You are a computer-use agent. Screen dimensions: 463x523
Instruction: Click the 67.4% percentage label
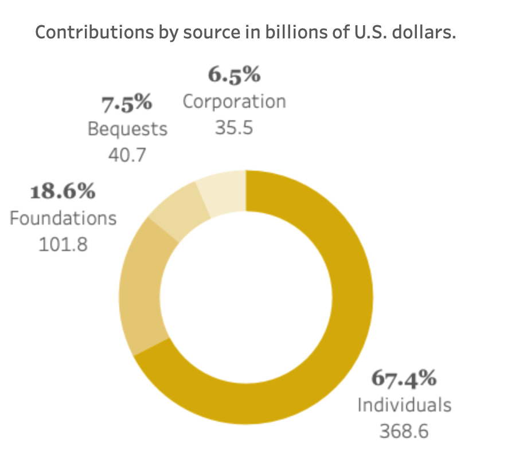[404, 378]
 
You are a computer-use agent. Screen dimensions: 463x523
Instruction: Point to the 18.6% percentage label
[63, 191]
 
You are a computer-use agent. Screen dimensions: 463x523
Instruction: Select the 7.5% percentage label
[127, 104]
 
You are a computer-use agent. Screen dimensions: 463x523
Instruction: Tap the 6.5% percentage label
[234, 74]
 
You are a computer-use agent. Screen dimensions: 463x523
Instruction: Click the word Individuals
[404, 405]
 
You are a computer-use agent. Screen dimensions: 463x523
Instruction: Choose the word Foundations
[63, 218]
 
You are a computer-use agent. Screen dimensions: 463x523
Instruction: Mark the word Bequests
[127, 129]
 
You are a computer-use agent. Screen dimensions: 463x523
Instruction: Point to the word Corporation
[234, 101]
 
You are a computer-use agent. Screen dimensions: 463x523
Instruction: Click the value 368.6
[404, 431]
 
